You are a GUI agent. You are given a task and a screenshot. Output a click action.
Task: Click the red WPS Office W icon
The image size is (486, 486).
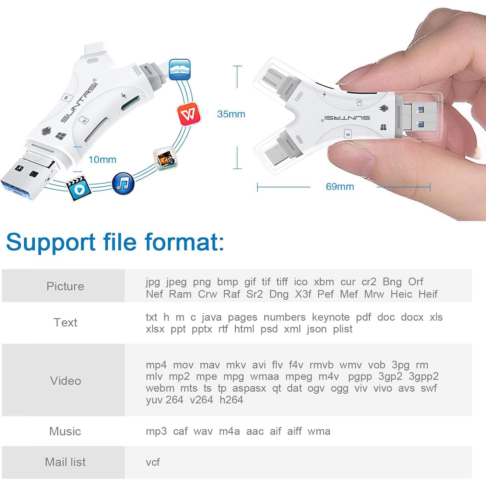point(189,114)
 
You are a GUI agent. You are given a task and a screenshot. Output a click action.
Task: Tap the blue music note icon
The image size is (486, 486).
point(123,184)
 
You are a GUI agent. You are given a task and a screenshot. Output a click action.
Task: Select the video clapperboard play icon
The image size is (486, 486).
point(78,188)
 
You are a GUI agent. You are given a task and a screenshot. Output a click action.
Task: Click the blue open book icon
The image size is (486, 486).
point(180,69)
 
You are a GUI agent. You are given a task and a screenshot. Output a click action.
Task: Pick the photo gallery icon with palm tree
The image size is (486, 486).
point(165,159)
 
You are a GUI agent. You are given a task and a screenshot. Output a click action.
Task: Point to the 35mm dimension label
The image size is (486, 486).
point(231,114)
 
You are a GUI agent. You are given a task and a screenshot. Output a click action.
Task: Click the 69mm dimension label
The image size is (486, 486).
point(340,187)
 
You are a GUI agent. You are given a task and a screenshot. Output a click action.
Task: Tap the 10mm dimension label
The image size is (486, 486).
point(102,160)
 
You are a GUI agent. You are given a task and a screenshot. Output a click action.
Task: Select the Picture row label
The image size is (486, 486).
point(65,286)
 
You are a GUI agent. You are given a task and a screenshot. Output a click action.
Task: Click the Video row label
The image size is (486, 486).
point(65,381)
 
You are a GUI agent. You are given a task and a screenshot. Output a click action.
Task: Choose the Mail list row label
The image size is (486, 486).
point(65,462)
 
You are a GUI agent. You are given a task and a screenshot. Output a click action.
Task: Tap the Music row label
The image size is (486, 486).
point(65,431)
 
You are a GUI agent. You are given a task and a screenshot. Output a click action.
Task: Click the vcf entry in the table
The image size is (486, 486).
point(153,462)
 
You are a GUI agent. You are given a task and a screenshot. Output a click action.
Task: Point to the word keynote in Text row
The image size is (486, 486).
point(331,317)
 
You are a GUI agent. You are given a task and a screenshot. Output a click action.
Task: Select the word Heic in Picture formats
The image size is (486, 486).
point(401,294)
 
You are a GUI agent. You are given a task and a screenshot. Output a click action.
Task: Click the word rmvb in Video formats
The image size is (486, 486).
point(321,365)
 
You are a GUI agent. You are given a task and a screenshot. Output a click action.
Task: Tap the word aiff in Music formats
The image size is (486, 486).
point(294,431)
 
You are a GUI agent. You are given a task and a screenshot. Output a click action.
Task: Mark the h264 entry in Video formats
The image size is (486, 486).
point(231,400)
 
